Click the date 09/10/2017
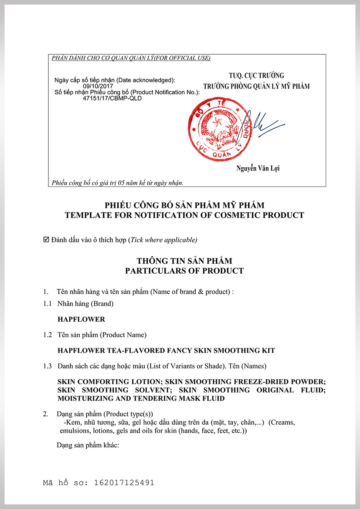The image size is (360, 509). click(96, 86)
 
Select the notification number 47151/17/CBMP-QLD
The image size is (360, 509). click(112, 98)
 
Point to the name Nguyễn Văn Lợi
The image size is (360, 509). click(258, 169)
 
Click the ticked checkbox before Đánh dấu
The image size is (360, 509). click(46, 239)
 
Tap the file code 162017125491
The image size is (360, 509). click(124, 483)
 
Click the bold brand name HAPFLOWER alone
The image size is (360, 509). click(81, 319)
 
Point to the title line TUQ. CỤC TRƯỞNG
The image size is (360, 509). click(256, 76)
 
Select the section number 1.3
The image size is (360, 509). click(48, 366)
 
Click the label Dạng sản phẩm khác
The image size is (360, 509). click(88, 445)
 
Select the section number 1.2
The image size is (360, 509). click(48, 335)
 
